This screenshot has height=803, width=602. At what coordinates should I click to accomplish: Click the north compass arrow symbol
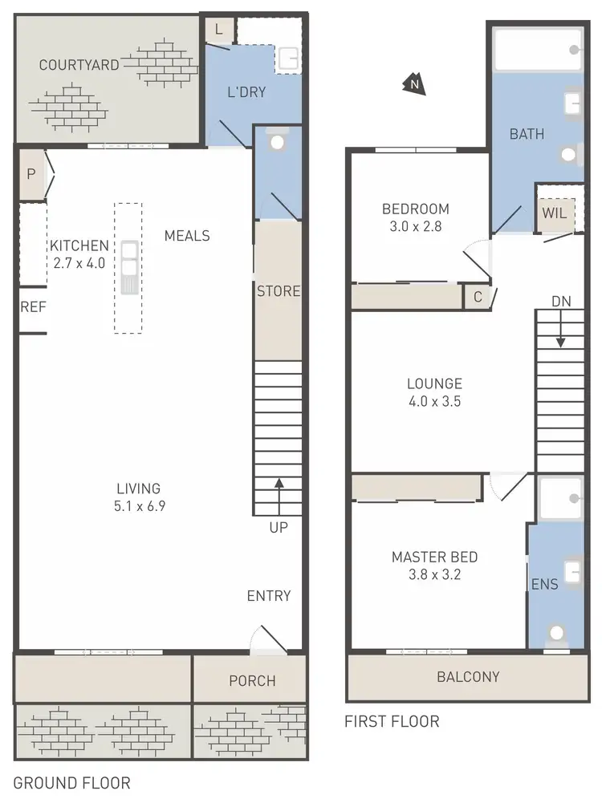[x=414, y=84]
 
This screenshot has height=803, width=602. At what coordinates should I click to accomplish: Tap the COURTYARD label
[x=79, y=65]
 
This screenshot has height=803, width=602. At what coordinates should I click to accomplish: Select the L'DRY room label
[x=246, y=92]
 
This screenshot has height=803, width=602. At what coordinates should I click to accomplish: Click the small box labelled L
[x=219, y=30]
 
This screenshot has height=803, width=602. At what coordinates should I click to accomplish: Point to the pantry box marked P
[x=31, y=174]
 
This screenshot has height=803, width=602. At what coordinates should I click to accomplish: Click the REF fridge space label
[x=33, y=306]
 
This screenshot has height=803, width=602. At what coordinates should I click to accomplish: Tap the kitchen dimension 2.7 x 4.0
[x=79, y=262]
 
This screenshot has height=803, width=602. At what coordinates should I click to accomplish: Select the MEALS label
[x=187, y=236]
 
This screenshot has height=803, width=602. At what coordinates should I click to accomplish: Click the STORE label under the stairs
[x=279, y=291]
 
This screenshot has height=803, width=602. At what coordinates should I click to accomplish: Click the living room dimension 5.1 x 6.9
[x=139, y=505]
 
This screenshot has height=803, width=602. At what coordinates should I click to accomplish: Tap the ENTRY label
[x=269, y=595]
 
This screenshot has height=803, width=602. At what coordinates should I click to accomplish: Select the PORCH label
[x=252, y=681]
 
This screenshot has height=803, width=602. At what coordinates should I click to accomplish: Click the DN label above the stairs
[x=561, y=301]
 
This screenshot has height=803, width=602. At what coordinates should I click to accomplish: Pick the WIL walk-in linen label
[x=555, y=213]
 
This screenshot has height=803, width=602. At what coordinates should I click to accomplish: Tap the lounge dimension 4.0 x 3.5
[x=433, y=402]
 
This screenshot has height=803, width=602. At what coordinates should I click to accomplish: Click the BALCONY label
[x=468, y=676]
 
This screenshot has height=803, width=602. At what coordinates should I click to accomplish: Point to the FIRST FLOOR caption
[x=392, y=721]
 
